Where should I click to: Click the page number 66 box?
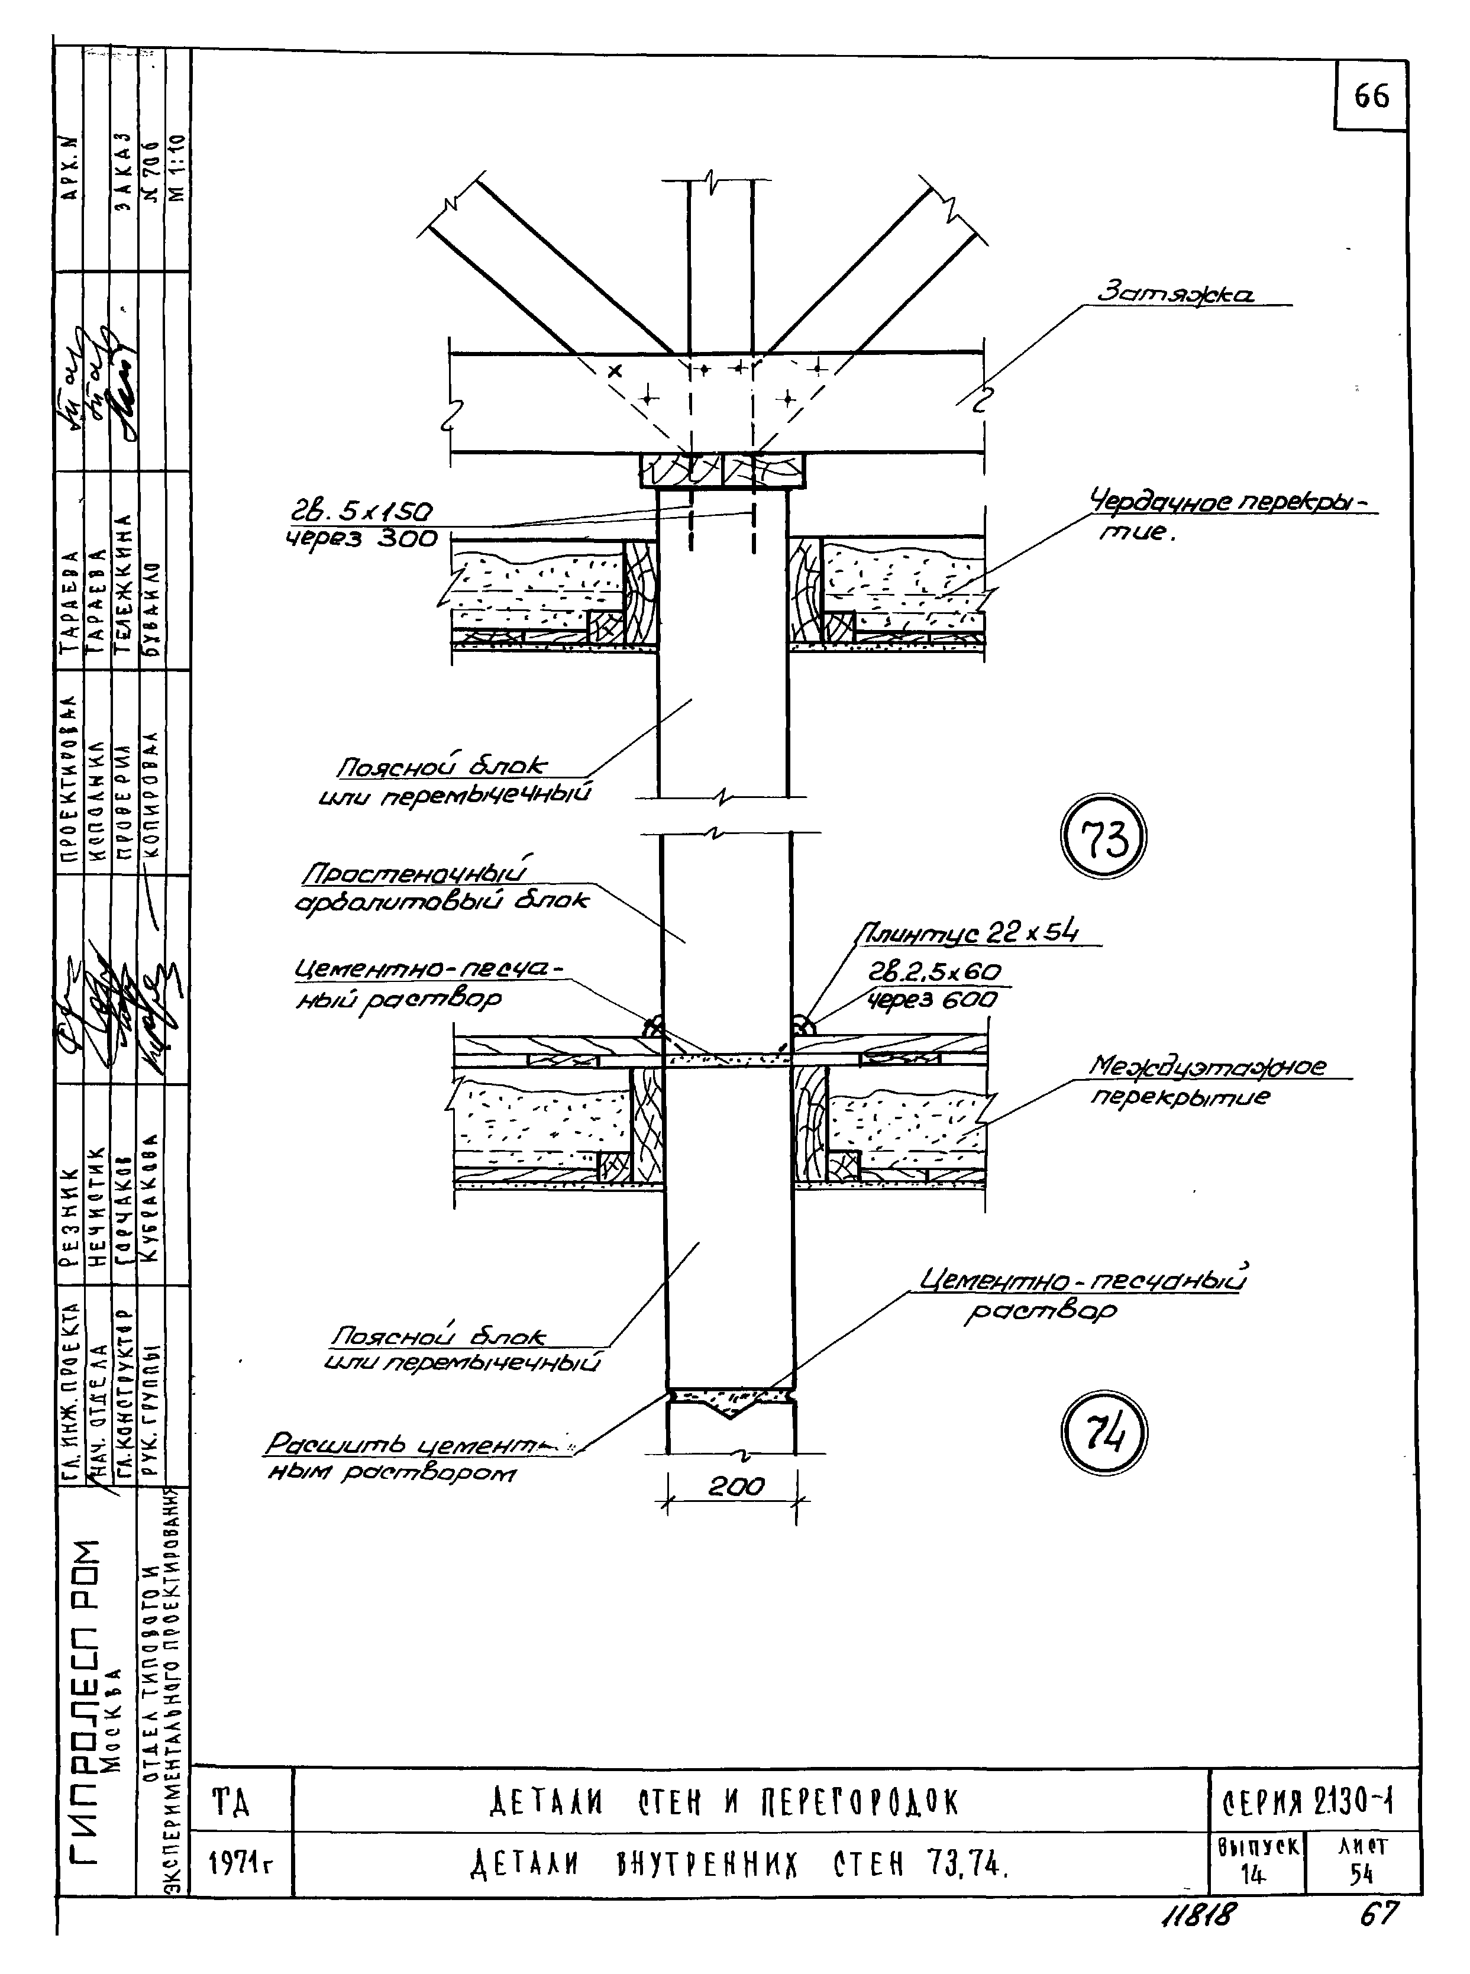pyautogui.click(x=1371, y=95)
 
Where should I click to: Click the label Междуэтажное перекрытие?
pyautogui.click(x=1207, y=1080)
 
